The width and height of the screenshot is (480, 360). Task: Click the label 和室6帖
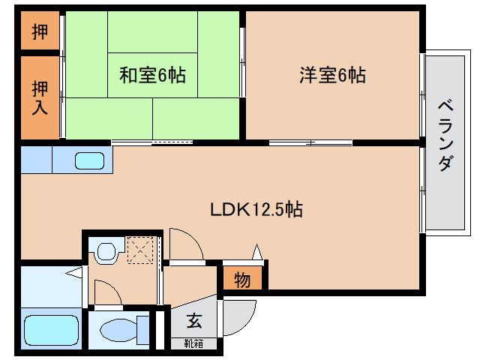click(152, 75)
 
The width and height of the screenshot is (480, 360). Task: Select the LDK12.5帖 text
click(256, 210)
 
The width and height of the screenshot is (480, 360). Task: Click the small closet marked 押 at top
click(39, 32)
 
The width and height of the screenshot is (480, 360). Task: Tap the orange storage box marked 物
click(242, 280)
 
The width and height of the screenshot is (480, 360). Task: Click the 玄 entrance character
click(194, 322)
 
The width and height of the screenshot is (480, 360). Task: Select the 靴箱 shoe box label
click(194, 344)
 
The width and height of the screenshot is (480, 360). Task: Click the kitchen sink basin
click(90, 160)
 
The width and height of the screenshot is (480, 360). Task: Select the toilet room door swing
click(104, 293)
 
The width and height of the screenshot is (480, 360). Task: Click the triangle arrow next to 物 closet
click(257, 253)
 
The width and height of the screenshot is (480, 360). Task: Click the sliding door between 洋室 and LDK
click(310, 142)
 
